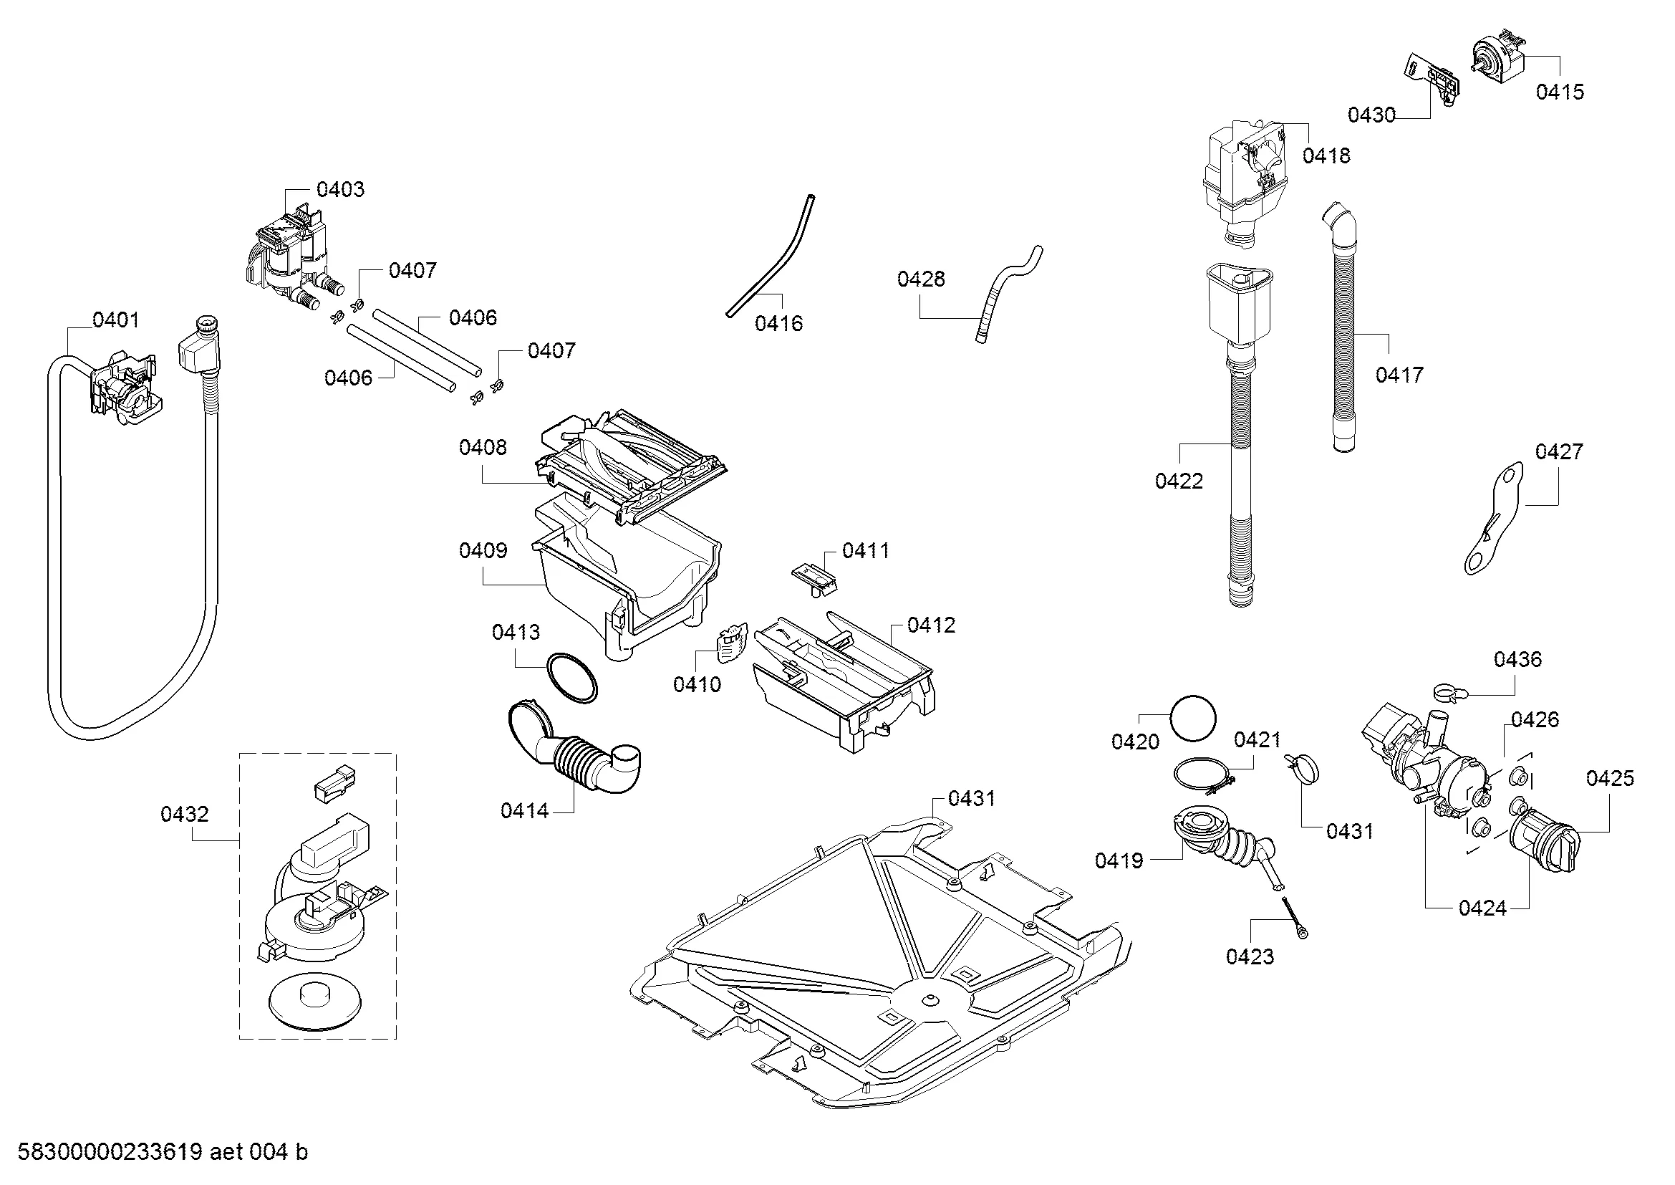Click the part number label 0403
[x=340, y=190]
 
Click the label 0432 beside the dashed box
[x=185, y=814]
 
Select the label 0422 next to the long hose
[x=1179, y=481]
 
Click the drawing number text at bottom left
[x=163, y=1152]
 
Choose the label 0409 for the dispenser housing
[x=482, y=550]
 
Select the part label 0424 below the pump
[x=1482, y=908]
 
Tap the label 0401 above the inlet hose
[x=115, y=320]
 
